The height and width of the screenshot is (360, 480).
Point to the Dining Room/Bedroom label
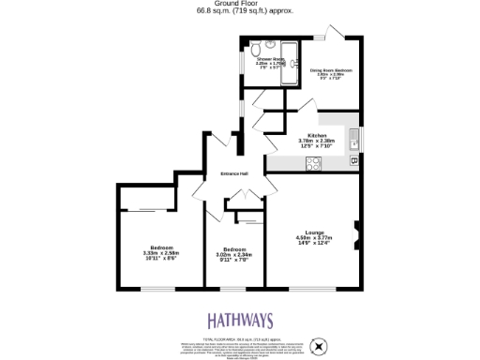[331, 69]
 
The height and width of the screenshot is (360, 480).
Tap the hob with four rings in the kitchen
[313, 163]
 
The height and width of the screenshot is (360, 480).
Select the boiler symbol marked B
[353, 161]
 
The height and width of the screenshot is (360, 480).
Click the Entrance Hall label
[233, 174]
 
